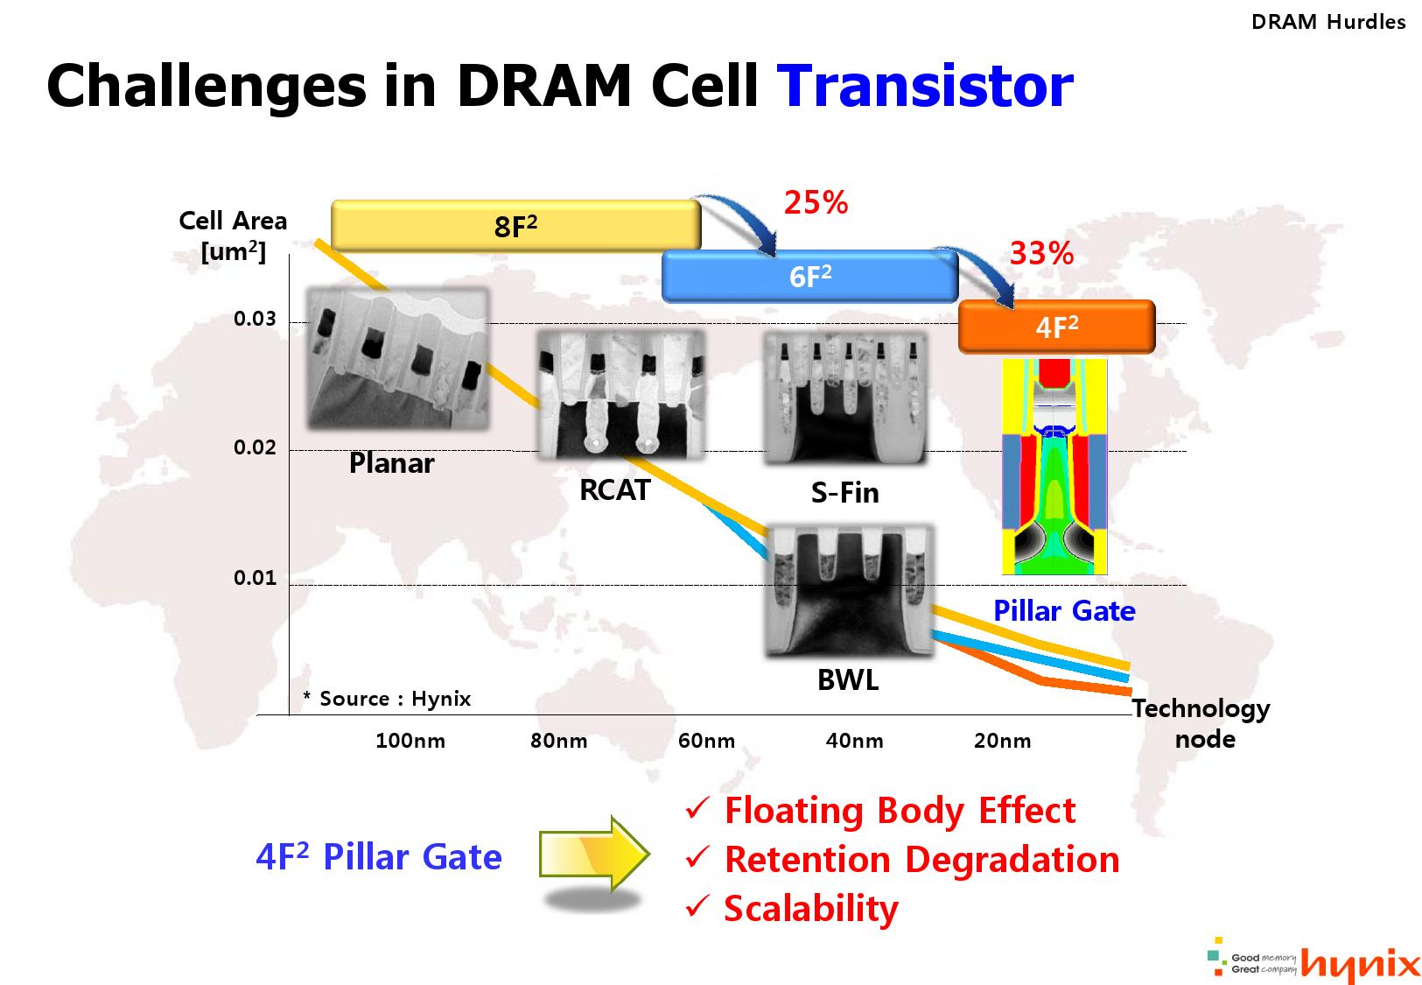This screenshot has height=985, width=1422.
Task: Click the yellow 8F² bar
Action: point(515,225)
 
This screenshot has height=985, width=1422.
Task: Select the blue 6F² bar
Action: point(809,276)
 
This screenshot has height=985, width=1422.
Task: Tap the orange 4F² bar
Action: point(1056,327)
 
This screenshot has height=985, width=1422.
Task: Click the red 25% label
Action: point(816,203)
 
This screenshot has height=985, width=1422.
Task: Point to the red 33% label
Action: point(1041,254)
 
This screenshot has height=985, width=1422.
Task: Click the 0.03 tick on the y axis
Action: point(255,319)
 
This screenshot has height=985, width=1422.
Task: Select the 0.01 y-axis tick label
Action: point(255,578)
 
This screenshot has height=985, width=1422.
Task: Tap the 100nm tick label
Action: point(410,742)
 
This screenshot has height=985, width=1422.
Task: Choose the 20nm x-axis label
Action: point(1002,742)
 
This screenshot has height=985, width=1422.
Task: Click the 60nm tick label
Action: point(706,742)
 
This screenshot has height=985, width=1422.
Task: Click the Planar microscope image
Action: point(397,359)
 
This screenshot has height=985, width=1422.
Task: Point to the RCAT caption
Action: point(615,490)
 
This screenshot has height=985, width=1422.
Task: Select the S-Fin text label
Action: point(844,493)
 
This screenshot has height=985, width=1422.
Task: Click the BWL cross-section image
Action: point(849,589)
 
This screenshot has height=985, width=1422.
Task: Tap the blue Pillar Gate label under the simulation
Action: point(1064,611)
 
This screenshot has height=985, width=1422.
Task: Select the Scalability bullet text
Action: point(810,909)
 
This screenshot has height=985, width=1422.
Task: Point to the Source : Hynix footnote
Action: point(387,699)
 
